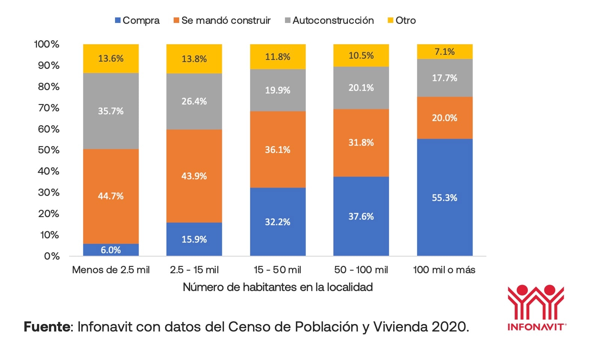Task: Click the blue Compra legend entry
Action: [x=137, y=20]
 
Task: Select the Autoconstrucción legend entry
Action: [x=329, y=20]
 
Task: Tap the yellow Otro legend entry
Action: [x=401, y=20]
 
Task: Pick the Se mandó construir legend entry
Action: [x=222, y=20]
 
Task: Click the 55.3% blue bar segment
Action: [x=445, y=198]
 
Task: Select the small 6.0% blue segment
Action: [x=111, y=250]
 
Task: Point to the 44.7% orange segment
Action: [x=111, y=196]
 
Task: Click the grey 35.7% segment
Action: [x=111, y=111]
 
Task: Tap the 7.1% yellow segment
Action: [x=445, y=52]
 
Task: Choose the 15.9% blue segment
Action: [x=194, y=239]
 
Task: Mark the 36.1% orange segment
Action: [x=278, y=150]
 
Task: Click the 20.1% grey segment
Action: [x=361, y=88]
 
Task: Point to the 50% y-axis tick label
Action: [x=49, y=150]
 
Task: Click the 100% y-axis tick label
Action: [x=46, y=44]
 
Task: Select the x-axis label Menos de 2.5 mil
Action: [x=111, y=270]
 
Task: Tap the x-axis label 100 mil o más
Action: [x=444, y=270]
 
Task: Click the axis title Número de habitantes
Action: [x=278, y=287]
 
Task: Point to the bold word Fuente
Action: [x=47, y=327]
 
